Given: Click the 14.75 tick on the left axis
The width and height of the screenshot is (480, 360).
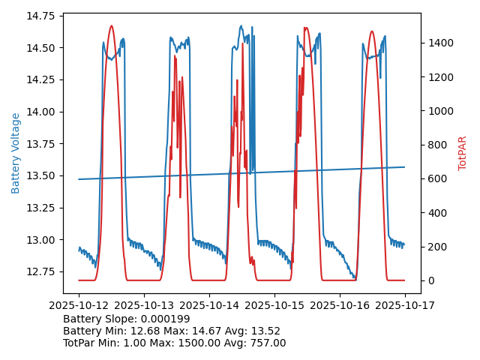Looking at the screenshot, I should point(43,16).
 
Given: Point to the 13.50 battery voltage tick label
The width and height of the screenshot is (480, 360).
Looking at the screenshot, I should point(43,175).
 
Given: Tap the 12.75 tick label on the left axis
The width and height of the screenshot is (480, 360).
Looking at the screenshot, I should point(43,271).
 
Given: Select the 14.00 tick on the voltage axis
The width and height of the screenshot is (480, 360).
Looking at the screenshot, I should point(43,112).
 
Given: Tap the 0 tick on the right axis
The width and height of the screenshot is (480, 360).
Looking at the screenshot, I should point(430,280).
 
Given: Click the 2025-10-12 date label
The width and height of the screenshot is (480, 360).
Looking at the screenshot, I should point(79,306).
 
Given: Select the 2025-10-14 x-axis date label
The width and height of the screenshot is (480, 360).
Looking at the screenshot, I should point(209,306).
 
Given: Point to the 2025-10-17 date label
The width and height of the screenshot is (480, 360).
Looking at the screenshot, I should point(405,306).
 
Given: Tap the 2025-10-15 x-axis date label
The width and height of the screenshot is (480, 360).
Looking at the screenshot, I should point(274,306).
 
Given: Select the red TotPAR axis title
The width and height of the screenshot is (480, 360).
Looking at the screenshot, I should point(463,153).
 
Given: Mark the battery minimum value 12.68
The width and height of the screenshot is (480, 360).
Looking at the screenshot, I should point(147,331).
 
